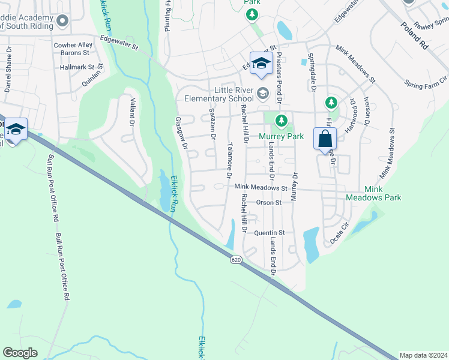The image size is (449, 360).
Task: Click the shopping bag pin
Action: (325, 139)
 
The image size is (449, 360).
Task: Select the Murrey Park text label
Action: (282, 136)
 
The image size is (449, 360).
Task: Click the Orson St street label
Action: (268, 203)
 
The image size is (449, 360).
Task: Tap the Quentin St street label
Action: (269, 233)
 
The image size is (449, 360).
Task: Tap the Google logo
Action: (20, 353)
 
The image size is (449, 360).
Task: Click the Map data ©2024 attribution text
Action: (423, 355)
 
